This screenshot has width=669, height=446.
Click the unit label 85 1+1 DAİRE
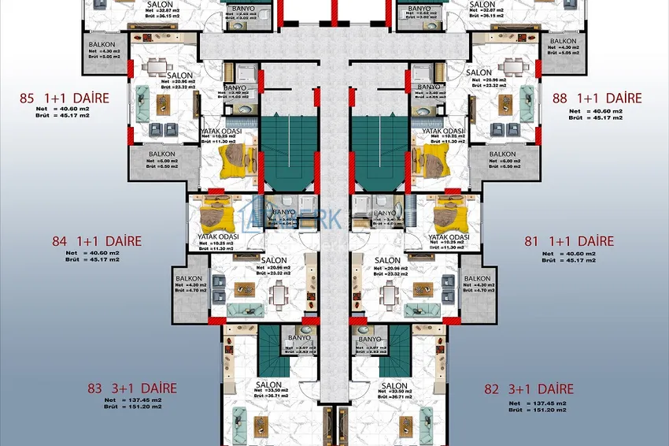click(x=75, y=99)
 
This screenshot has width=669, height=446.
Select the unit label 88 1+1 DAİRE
click(x=597, y=98)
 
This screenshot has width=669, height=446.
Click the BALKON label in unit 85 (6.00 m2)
click(x=161, y=154)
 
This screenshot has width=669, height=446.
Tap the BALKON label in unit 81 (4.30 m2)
click(x=477, y=279)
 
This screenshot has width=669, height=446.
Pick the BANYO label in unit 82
click(x=369, y=339)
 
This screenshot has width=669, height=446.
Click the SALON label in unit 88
click(x=479, y=72)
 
